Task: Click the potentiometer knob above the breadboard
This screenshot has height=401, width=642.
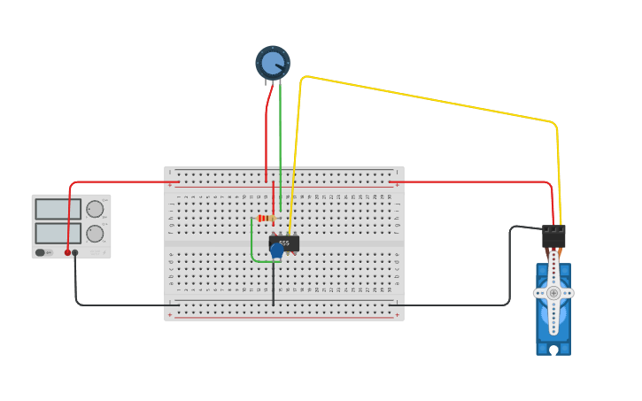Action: click(x=273, y=63)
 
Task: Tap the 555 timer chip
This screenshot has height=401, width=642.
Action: click(x=285, y=243)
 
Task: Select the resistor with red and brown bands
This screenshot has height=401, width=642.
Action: click(x=264, y=218)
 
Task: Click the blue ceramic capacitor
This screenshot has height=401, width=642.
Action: click(x=276, y=251)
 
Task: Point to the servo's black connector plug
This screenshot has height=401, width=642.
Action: click(x=553, y=236)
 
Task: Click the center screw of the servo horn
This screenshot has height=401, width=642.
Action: click(x=553, y=293)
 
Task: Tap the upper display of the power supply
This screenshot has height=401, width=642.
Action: click(x=58, y=209)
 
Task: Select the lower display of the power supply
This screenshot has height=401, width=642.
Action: click(x=58, y=233)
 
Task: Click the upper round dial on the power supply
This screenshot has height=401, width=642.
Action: click(x=95, y=209)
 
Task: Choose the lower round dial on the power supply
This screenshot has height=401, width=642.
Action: click(x=95, y=234)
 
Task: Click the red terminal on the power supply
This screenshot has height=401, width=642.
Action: click(x=67, y=252)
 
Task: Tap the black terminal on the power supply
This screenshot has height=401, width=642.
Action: click(x=75, y=252)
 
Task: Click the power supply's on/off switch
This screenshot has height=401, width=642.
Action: click(x=41, y=252)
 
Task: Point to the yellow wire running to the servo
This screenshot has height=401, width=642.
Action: click(x=425, y=99)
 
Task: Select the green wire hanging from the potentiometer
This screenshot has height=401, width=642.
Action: click(x=280, y=142)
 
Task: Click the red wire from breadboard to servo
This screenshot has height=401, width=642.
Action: click(x=469, y=181)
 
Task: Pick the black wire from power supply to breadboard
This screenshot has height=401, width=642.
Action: click(x=115, y=305)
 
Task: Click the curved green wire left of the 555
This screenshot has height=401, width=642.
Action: click(x=252, y=243)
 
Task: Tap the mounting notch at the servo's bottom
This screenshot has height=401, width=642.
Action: click(x=553, y=350)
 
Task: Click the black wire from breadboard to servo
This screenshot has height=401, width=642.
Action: click(x=510, y=266)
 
